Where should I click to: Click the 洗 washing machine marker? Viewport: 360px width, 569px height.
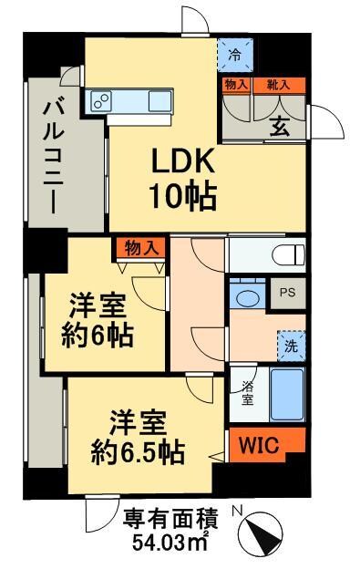[290, 346]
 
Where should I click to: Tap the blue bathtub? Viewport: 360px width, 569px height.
[287, 394]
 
